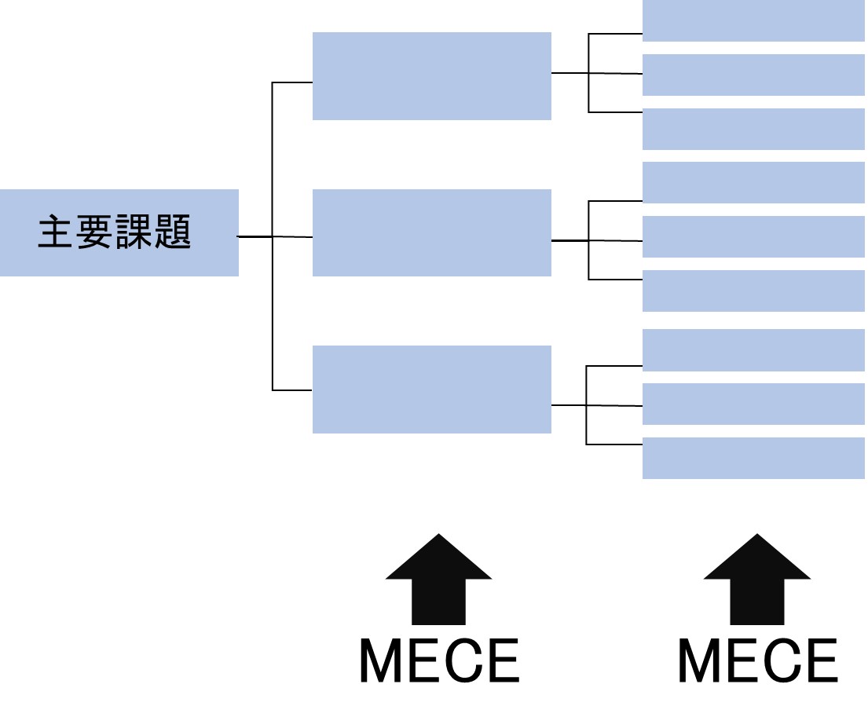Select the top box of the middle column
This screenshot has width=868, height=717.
tap(431, 76)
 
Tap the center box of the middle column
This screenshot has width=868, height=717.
tap(431, 232)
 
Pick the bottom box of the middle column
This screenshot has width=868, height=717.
tap(431, 390)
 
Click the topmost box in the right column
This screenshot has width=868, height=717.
tap(753, 21)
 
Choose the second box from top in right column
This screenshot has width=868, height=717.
tap(753, 75)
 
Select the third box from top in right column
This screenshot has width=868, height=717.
tap(753, 129)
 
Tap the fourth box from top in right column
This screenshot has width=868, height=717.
tap(753, 182)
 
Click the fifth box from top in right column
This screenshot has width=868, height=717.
tap(753, 236)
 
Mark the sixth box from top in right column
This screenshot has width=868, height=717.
tap(753, 291)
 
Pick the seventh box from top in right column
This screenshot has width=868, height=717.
tap(753, 350)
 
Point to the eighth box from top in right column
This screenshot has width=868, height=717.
tap(753, 404)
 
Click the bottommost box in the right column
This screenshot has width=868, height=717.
tap(753, 458)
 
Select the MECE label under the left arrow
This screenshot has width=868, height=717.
tap(438, 661)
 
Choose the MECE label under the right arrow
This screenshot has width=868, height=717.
tap(756, 661)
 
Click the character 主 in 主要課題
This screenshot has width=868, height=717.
tap(57, 233)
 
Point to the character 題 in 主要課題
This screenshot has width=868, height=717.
tap(174, 233)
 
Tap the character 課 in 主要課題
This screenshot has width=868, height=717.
tap(135, 233)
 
